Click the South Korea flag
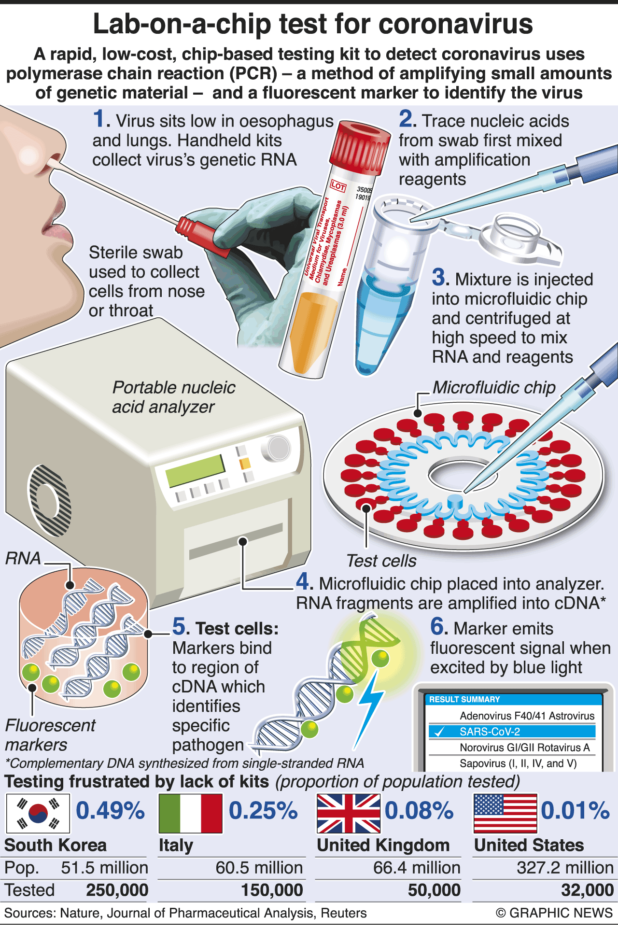38,813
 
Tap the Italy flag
190,813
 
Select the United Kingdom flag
348,813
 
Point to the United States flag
505,813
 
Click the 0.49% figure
110,811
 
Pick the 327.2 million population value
565,868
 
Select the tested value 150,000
272,890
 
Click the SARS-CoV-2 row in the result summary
512,732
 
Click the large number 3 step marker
440,278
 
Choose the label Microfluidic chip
494,387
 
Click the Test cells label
381,561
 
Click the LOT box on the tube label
338,186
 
